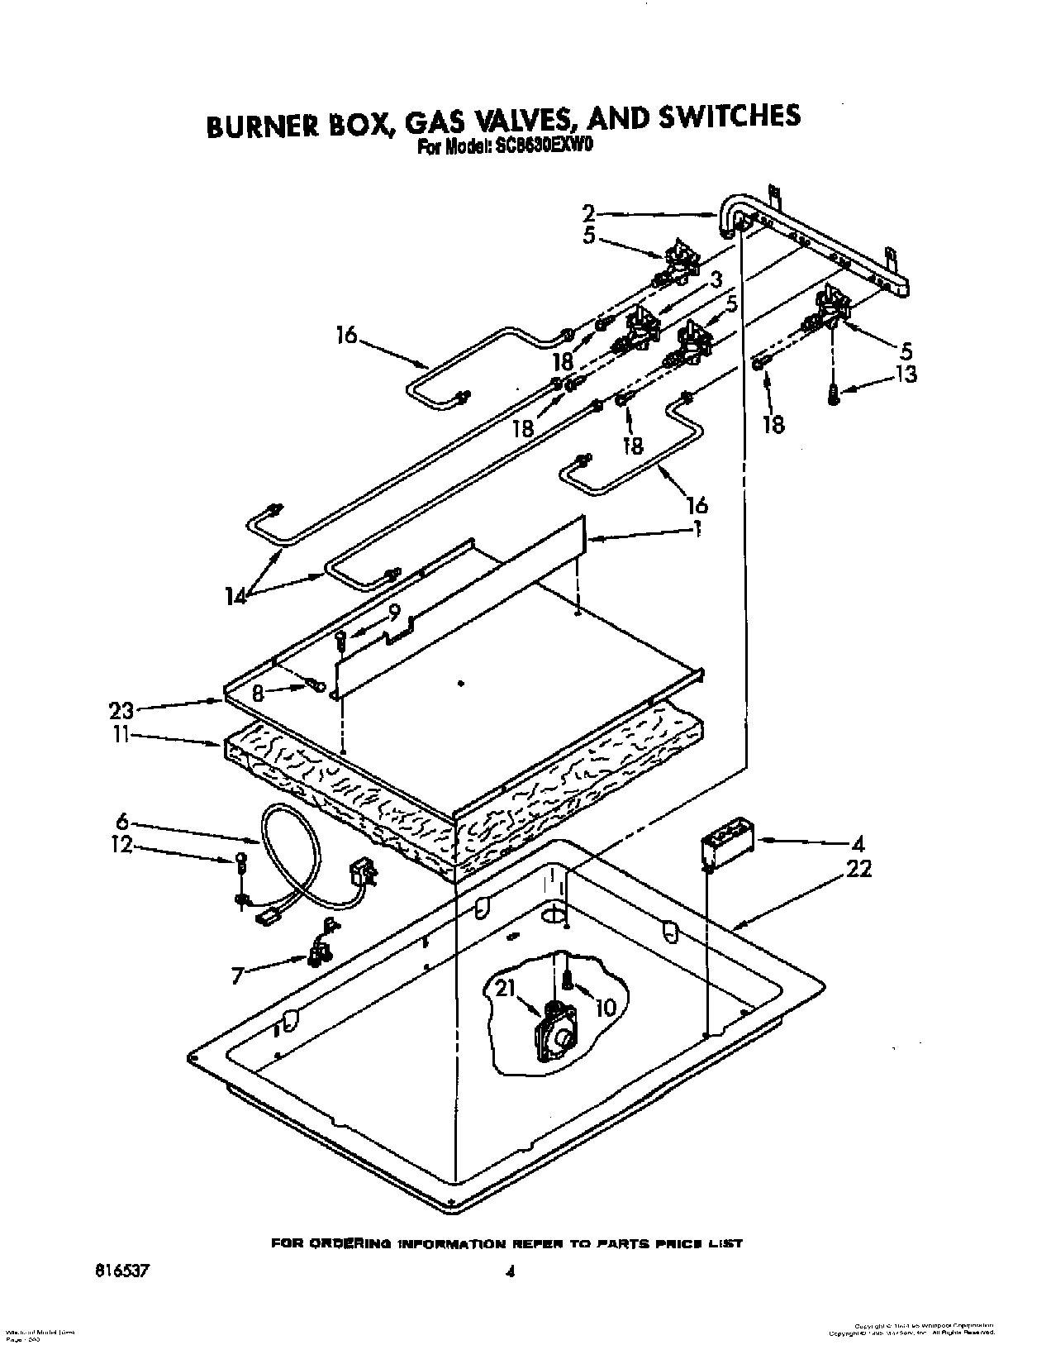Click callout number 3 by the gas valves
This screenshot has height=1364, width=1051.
point(716,279)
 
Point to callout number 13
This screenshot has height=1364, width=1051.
point(906,374)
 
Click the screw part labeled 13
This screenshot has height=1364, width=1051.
point(833,394)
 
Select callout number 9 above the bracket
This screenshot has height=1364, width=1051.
point(395,613)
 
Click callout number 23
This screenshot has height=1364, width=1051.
point(121,710)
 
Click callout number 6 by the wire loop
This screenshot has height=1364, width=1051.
point(121,822)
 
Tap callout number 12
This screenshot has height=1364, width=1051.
point(121,847)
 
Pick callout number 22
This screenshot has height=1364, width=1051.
point(858,870)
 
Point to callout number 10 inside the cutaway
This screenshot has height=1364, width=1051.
point(606,1008)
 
